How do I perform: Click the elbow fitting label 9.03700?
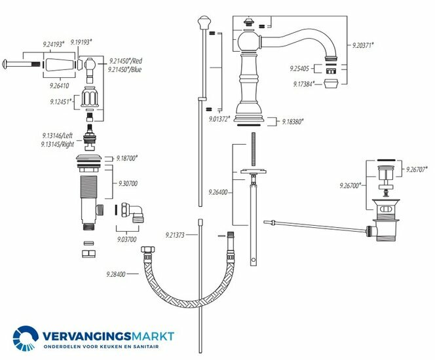[x=128, y=240]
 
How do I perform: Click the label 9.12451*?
[x=61, y=102]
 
